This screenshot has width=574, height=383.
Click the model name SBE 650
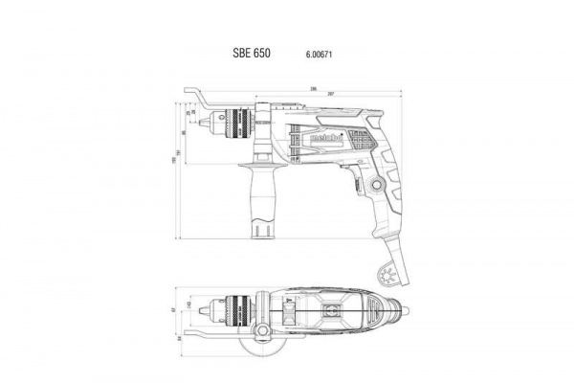[252, 55]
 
